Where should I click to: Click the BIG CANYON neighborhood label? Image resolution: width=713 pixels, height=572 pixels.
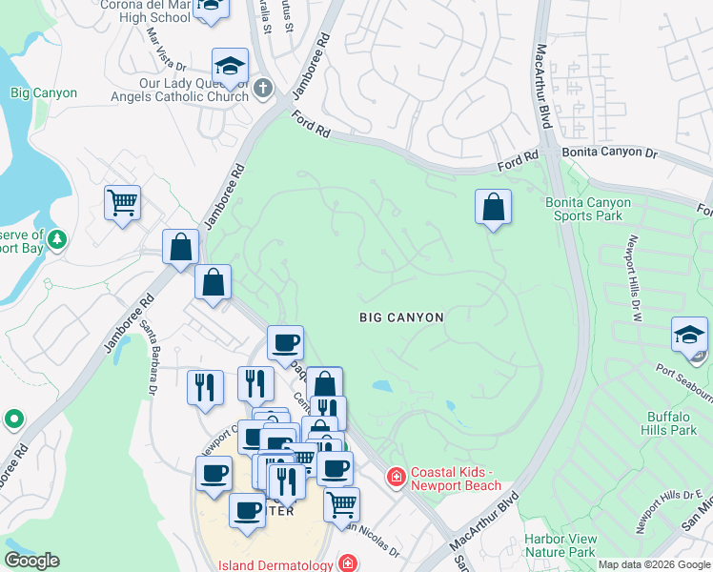click(x=401, y=317)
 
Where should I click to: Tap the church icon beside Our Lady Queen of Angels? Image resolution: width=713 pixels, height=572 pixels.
click(x=263, y=89)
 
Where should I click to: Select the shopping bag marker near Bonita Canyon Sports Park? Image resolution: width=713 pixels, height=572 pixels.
click(x=493, y=207)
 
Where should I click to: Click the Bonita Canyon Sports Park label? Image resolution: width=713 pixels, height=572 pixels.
click(x=587, y=209)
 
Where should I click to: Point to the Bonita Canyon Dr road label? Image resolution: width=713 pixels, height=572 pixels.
click(x=609, y=153)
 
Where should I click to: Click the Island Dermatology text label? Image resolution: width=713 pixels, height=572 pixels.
click(x=276, y=564)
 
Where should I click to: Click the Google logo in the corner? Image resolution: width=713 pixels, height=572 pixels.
click(x=31, y=561)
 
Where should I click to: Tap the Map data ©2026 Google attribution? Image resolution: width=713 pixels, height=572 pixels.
click(x=654, y=564)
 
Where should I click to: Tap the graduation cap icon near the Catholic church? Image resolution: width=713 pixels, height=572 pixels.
click(x=230, y=66)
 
